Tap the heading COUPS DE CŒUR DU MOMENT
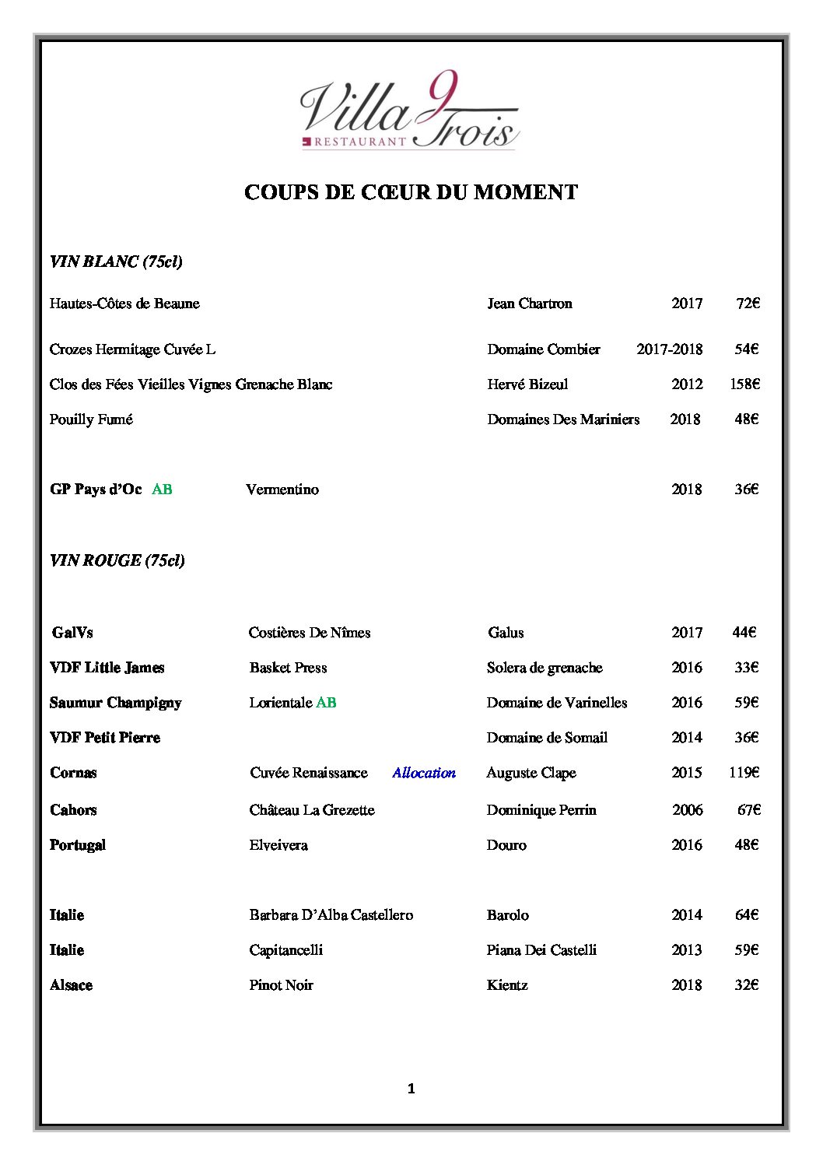[411, 192]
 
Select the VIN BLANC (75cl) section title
[116, 261]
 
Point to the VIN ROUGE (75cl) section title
[117, 560]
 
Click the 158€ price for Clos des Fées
[744, 384]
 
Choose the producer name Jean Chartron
[529, 304]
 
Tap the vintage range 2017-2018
[669, 349]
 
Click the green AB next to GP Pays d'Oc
[162, 490]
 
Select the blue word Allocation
[424, 773]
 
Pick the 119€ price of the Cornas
[744, 773]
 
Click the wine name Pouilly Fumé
[91, 419]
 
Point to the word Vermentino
[282, 490]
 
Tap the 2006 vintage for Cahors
[688, 810]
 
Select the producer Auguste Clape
[531, 773]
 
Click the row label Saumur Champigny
[115, 703]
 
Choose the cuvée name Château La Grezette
[312, 810]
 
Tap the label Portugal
[78, 845]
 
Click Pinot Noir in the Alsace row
[281, 985]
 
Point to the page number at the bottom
[411, 1089]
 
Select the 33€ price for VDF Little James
[746, 668]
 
